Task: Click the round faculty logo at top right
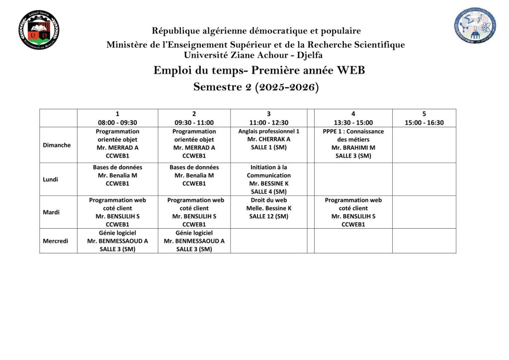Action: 475,25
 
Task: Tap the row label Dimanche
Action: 57,145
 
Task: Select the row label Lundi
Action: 51,179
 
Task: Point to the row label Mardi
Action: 51,212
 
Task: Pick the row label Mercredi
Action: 55,241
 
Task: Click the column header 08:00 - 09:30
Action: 117,122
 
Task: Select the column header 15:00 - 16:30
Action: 424,122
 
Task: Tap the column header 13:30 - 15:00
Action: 353,122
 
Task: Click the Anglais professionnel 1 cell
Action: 268,140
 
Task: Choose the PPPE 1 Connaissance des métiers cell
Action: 353,144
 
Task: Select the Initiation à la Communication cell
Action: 268,179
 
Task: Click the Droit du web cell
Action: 268,208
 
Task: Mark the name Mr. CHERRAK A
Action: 268,139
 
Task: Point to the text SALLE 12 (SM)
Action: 268,216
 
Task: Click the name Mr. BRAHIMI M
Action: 353,148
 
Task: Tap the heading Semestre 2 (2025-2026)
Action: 256,87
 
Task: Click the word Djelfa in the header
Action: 310,55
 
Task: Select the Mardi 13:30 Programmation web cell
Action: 353,212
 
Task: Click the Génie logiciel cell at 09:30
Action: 194,241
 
